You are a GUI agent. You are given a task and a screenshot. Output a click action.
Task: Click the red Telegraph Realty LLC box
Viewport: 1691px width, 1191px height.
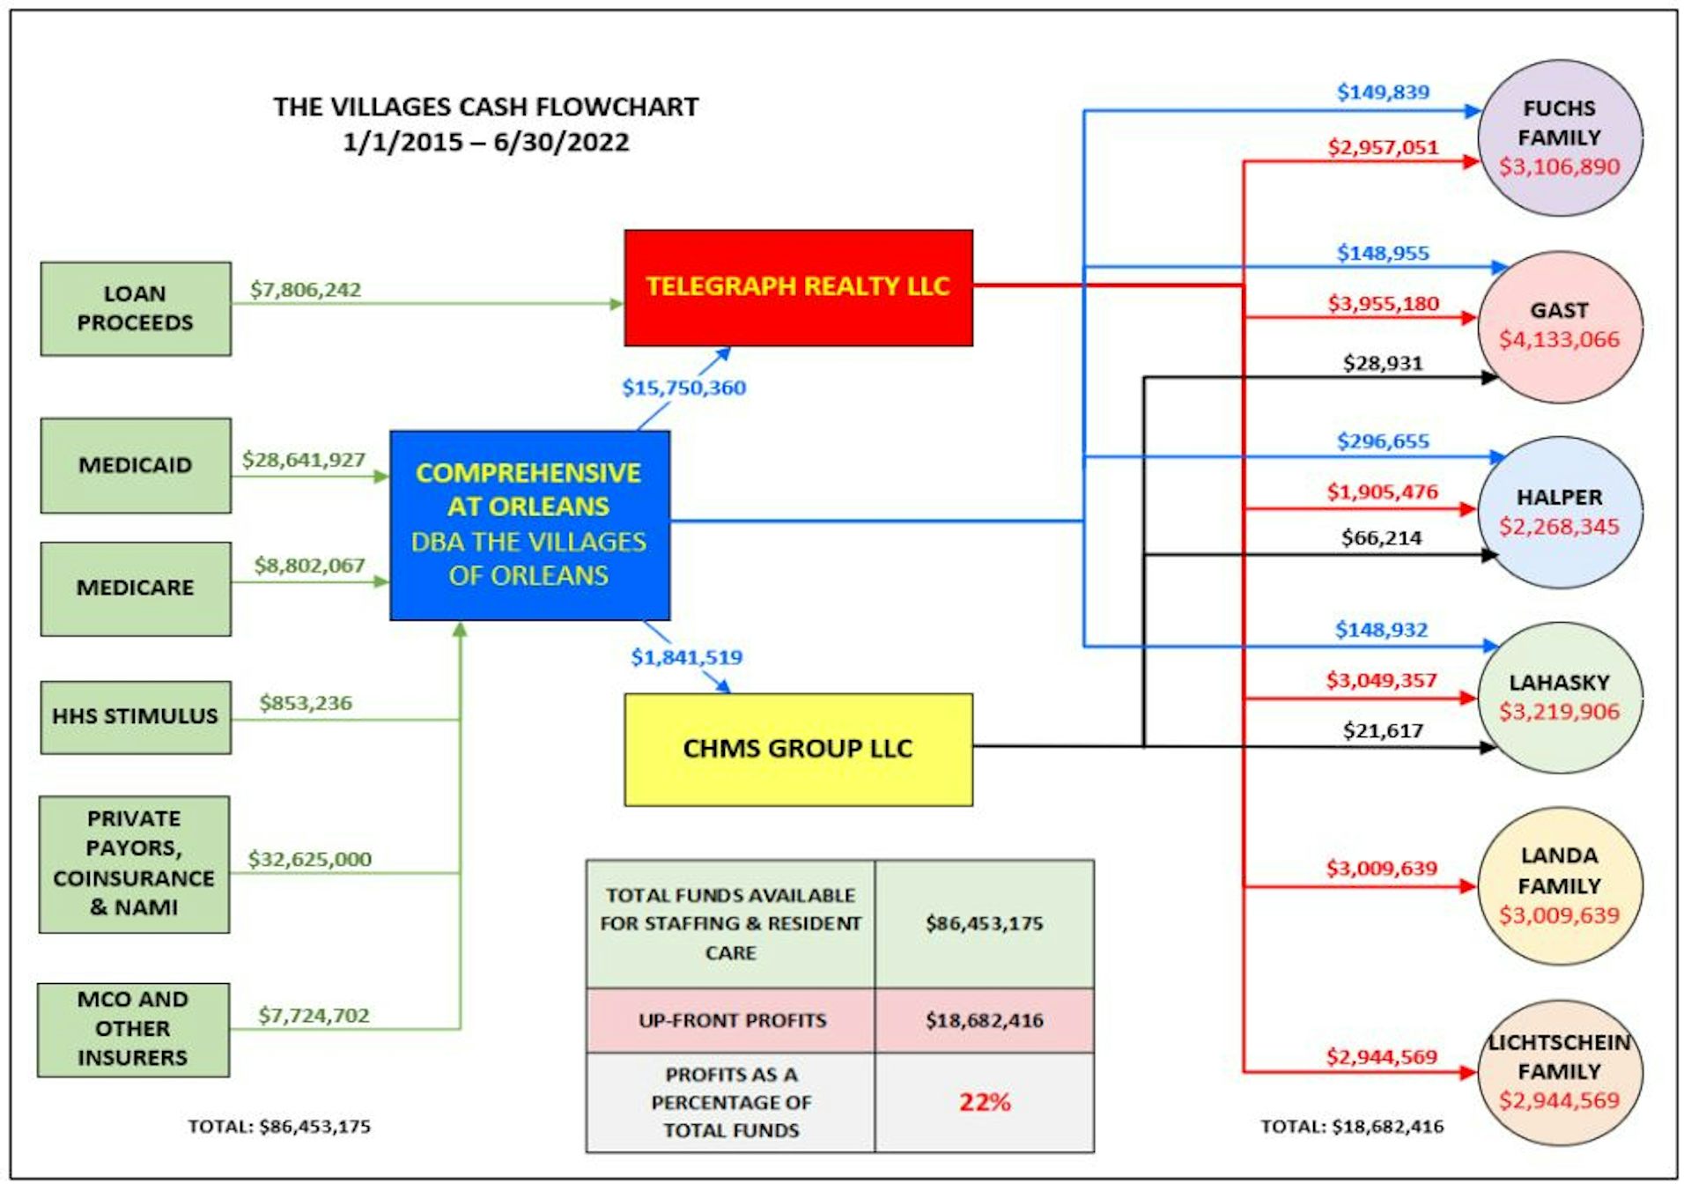pos(798,287)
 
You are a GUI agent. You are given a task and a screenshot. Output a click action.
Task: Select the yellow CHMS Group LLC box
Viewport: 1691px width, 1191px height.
pos(798,749)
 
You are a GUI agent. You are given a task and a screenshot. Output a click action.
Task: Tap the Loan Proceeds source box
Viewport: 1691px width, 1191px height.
pos(136,308)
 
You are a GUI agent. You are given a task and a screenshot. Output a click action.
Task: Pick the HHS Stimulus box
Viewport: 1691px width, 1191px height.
pos(136,716)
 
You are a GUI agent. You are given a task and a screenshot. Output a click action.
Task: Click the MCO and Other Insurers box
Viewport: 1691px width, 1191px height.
pos(133,1029)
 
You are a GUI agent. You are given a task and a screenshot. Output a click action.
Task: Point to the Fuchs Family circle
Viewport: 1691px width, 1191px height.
pos(1559,137)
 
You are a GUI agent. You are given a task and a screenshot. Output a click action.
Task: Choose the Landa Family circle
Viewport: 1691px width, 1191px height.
pos(1559,884)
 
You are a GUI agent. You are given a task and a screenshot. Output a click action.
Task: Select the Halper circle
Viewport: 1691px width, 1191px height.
pos(1559,512)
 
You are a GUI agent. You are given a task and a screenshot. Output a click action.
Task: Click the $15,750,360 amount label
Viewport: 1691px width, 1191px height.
pos(683,388)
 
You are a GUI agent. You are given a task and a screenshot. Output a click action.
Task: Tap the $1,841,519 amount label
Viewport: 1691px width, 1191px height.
pos(686,657)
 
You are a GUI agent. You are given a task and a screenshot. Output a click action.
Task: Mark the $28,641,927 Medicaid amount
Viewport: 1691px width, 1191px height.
pos(303,460)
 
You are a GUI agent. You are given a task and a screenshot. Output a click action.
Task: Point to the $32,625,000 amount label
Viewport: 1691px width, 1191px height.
pos(309,859)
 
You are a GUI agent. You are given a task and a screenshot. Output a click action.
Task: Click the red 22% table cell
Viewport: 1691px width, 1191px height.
pos(984,1102)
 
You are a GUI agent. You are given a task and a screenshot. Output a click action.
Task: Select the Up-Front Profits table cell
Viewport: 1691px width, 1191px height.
pos(732,1020)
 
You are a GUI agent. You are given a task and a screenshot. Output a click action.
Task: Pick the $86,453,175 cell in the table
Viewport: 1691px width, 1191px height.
pos(984,923)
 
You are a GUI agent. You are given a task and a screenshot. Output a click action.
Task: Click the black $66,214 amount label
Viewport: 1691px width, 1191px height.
pos(1381,537)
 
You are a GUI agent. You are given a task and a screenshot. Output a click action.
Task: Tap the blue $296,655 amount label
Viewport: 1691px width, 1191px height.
pos(1383,441)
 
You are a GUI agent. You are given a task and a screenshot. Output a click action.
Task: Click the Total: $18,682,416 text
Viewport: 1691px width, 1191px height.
pos(1351,1126)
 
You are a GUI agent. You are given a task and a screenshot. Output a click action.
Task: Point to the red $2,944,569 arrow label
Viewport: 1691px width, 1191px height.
pos(1381,1056)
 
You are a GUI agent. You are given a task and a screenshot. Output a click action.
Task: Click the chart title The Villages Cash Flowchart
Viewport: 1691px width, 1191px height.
pos(485,107)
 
